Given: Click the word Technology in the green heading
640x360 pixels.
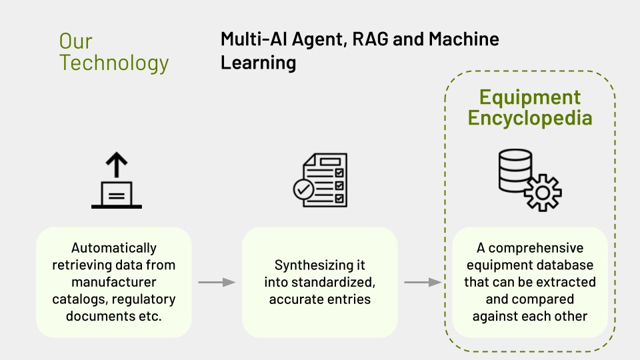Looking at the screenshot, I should (x=115, y=63).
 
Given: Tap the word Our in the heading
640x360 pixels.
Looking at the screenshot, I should (x=75, y=41).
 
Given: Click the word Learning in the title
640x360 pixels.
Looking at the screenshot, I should (x=259, y=63).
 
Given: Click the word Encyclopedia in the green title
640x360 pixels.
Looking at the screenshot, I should (x=530, y=118).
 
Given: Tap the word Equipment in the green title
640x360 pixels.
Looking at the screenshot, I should (x=530, y=97).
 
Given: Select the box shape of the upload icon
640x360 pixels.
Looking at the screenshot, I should (x=116, y=194).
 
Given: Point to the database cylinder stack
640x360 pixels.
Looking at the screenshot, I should (x=515, y=170).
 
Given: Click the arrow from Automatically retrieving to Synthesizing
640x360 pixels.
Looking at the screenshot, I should (x=217, y=282).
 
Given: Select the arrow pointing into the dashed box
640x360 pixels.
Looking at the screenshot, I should (x=423, y=282).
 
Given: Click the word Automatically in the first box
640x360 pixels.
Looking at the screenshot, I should (x=114, y=247).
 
